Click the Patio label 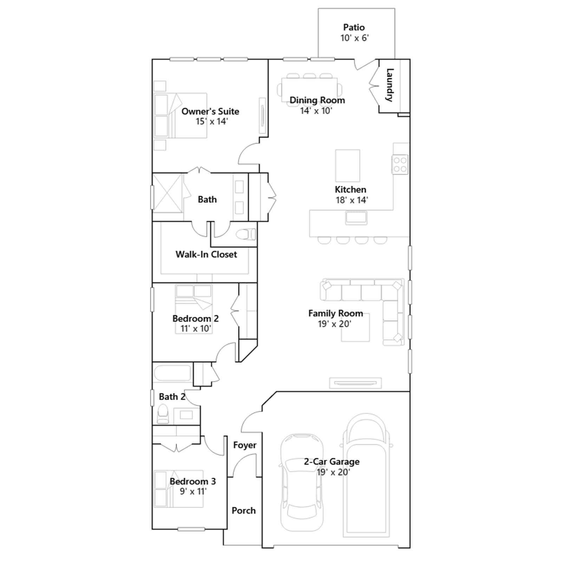354,27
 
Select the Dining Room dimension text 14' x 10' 316,111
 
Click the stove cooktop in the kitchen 400,164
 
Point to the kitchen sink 356,218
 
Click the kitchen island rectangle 347,165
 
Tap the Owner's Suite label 210,112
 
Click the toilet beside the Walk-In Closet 246,234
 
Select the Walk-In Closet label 206,254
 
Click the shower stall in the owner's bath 168,193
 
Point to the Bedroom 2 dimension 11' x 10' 196,329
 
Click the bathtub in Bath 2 172,373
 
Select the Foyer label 245,445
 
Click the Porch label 243,510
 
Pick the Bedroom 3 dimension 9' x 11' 193,491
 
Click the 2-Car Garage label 332,462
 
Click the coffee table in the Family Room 355,327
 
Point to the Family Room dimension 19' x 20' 334,324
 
